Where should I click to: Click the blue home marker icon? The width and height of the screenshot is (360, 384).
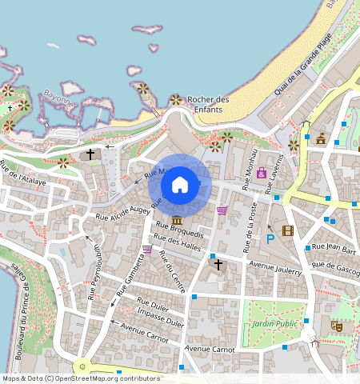pyautogui.click(x=180, y=186)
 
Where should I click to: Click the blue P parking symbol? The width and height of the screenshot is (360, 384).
pyautogui.click(x=270, y=238)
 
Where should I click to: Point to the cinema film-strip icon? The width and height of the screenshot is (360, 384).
pyautogui.click(x=288, y=231)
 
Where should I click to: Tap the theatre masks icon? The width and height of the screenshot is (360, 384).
pyautogui.click(x=336, y=326)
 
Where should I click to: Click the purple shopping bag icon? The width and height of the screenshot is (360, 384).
pyautogui.click(x=262, y=173)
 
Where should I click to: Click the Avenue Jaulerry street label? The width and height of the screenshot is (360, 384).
pyautogui.click(x=274, y=268)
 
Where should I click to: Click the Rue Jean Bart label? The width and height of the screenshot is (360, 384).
pyautogui.click(x=333, y=247)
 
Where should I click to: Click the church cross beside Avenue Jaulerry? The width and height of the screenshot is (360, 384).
pyautogui.click(x=217, y=263)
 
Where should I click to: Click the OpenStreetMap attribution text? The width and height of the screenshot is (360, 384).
pyautogui.click(x=81, y=378)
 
